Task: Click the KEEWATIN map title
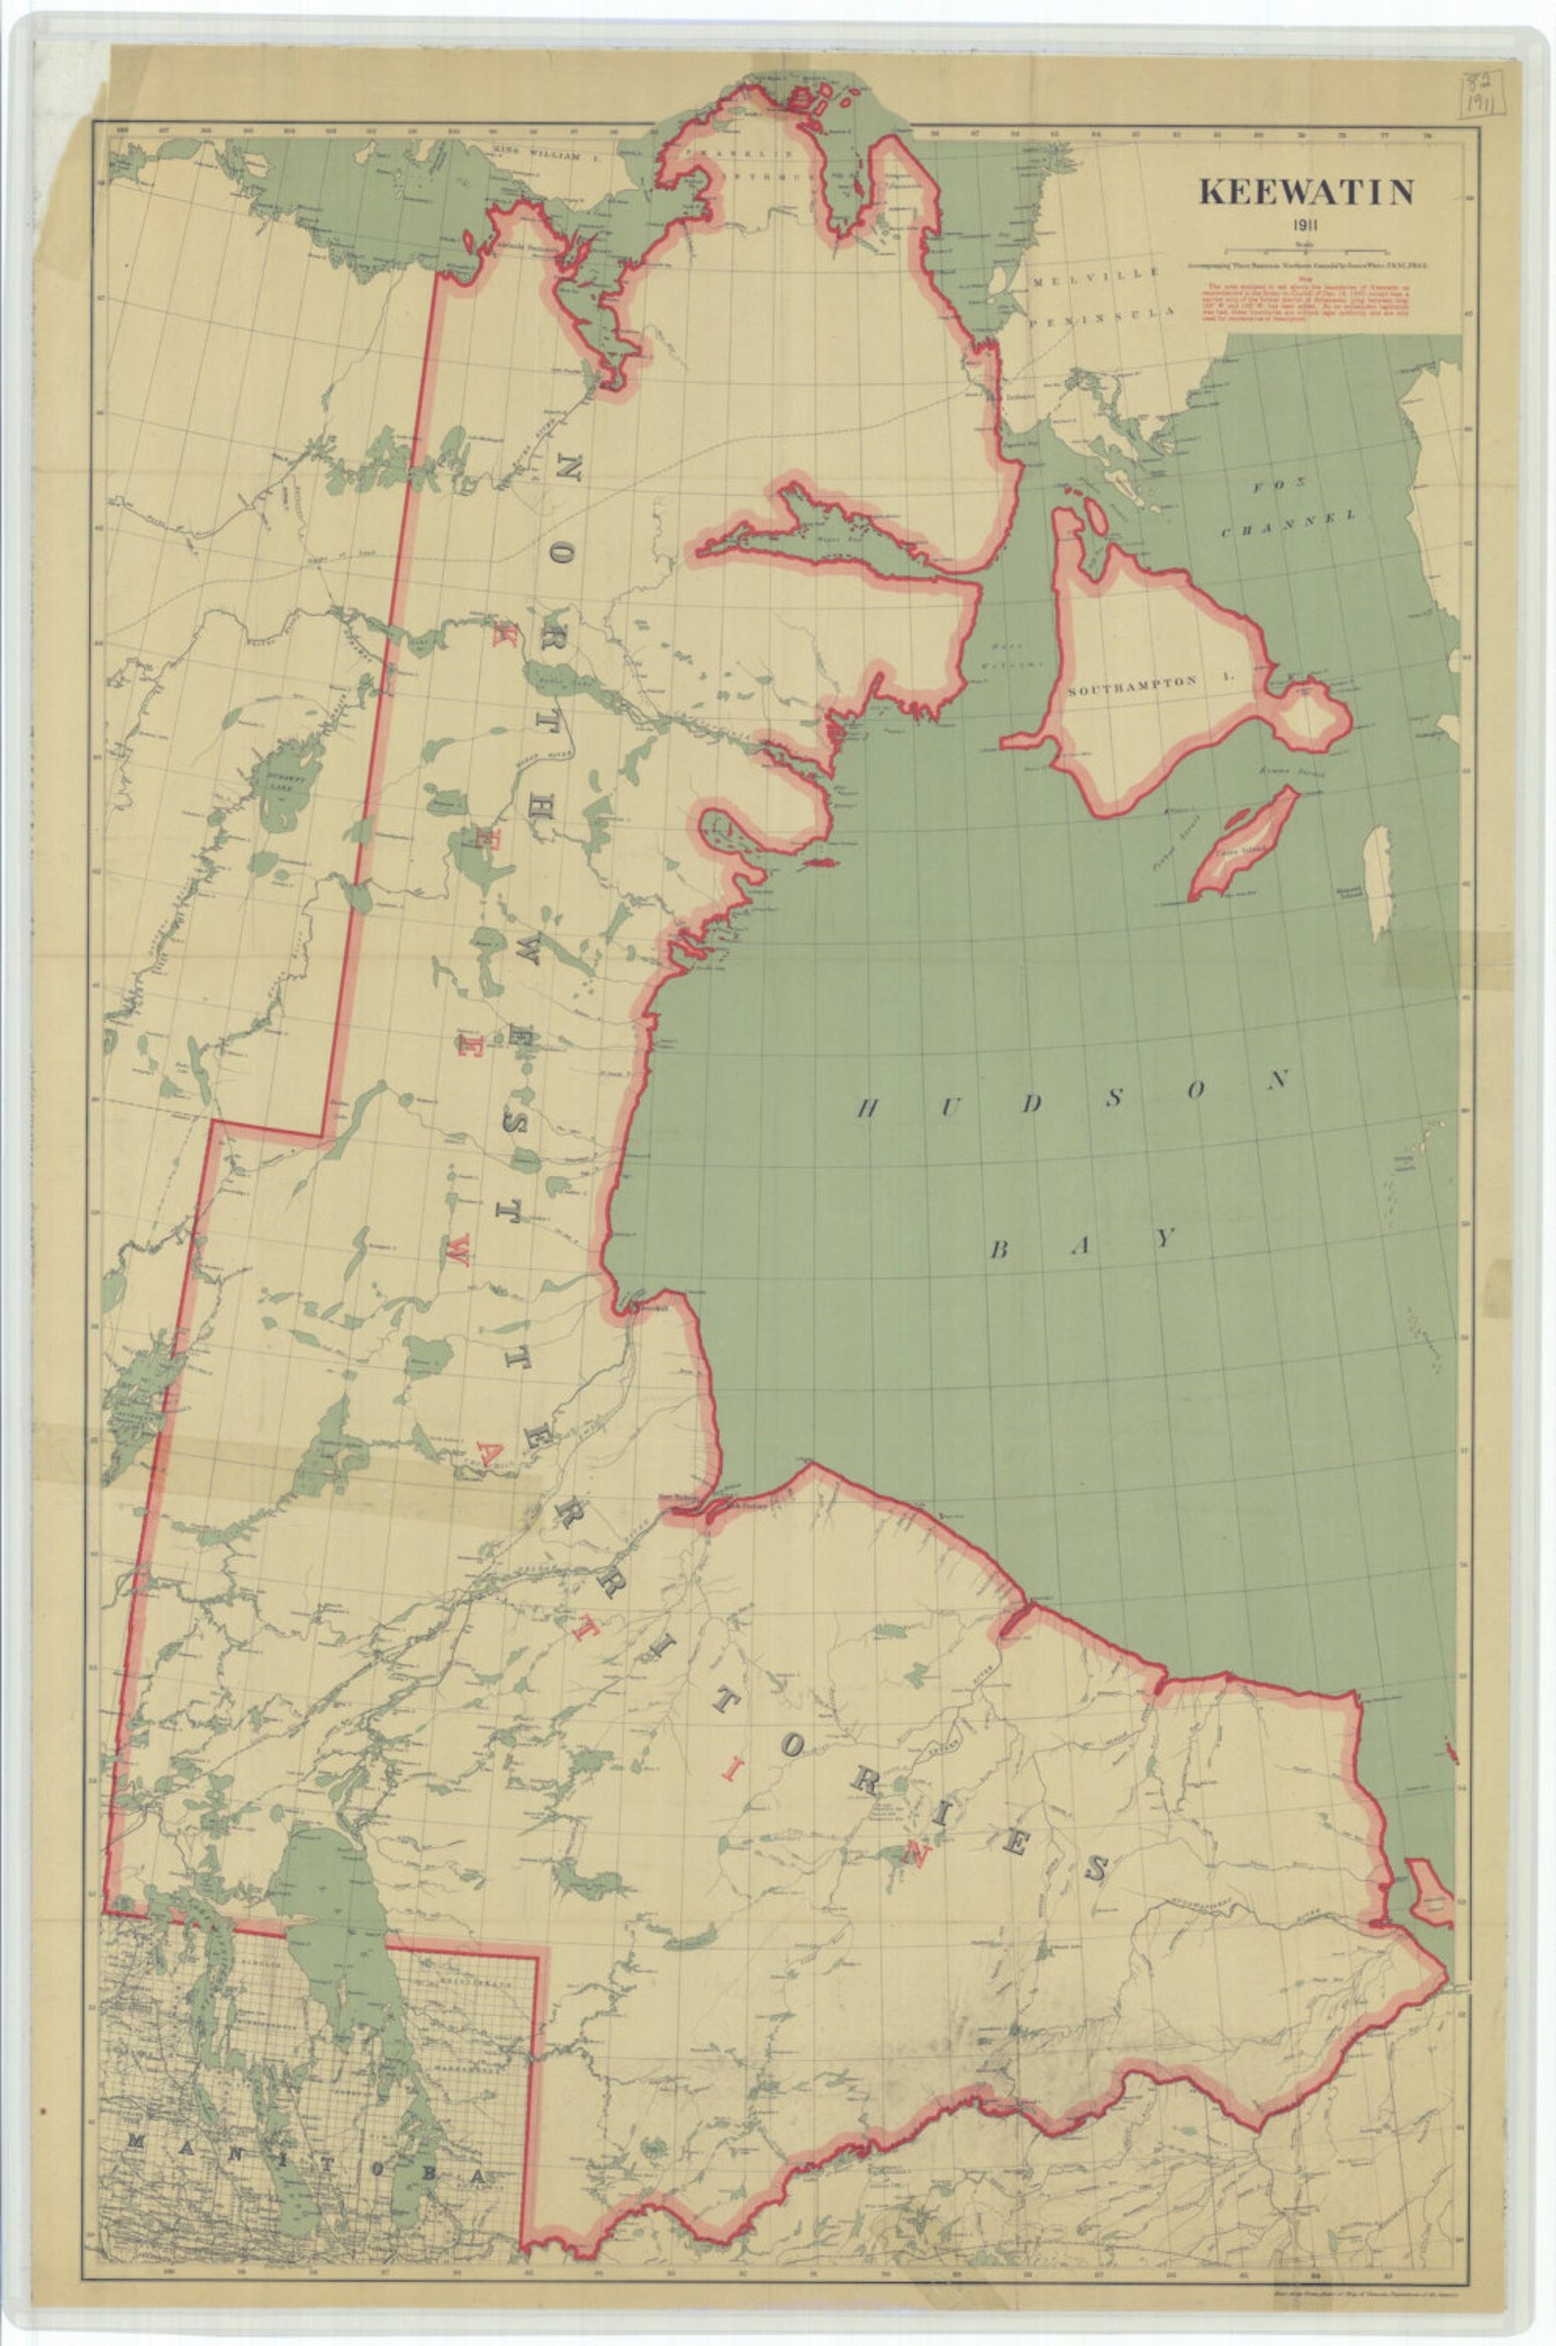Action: (1306, 191)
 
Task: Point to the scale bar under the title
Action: (1305, 247)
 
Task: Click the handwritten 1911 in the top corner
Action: (1483, 100)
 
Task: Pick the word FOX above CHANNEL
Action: (1271, 488)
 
